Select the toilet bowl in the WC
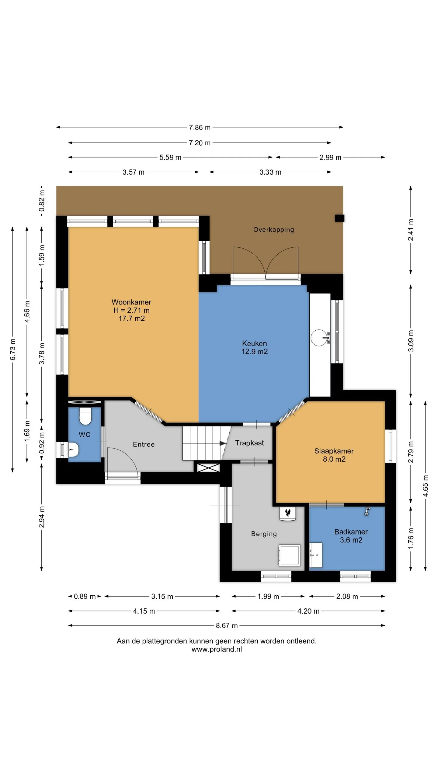pyautogui.click(x=85, y=416)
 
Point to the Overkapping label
pyautogui.click(x=274, y=229)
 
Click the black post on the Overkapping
pyautogui.click(x=339, y=218)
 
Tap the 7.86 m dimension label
pyautogui.click(x=200, y=127)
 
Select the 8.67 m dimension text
pyautogui.click(x=227, y=625)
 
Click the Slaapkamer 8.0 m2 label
pyautogui.click(x=334, y=455)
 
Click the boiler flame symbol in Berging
pyautogui.click(x=288, y=513)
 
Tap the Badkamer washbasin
pyautogui.click(x=316, y=555)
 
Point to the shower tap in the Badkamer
pyautogui.click(x=367, y=511)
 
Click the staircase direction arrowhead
pyautogui.click(x=223, y=443)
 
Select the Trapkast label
pyautogui.click(x=249, y=443)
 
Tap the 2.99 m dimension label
pyautogui.click(x=330, y=157)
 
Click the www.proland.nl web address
pyautogui.click(x=217, y=649)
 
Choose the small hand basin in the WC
pyautogui.click(x=73, y=449)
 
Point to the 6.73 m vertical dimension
pyautogui.click(x=13, y=349)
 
